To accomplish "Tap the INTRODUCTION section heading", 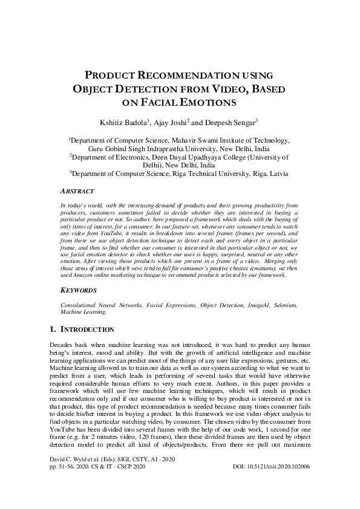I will pos(87,329).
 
